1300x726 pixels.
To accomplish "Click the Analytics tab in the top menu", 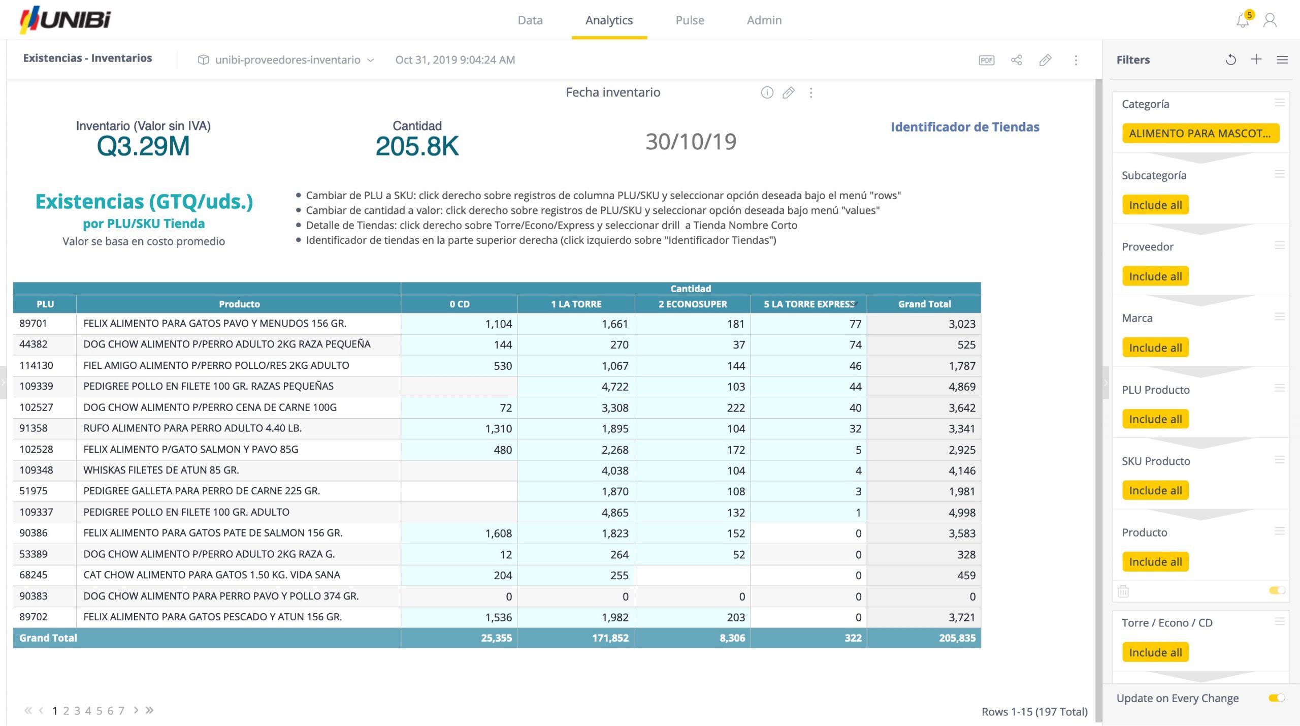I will coord(608,20).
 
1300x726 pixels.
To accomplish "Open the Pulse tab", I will coord(689,20).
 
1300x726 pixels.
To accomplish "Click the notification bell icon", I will coord(1242,21).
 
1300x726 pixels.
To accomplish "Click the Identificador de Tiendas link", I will coord(964,127).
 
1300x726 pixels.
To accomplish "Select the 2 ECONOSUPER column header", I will coord(692,304).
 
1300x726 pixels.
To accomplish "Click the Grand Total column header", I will coord(924,304).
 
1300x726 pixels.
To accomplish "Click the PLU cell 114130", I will coord(36,365).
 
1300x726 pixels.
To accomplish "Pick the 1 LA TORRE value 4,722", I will coord(614,387).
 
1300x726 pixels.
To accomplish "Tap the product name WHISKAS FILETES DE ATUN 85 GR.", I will coord(161,470).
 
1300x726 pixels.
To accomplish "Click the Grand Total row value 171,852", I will coord(610,638).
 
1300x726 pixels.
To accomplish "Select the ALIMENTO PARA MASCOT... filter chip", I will coord(1199,134).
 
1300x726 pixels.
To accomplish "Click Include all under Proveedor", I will coord(1155,277).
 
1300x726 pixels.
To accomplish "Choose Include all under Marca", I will coord(1155,348).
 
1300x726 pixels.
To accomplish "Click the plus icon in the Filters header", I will coord(1256,59).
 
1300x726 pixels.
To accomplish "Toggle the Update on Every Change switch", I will coord(1276,698).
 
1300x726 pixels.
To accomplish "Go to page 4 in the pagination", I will coord(88,711).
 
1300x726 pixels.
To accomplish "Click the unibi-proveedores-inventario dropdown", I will coord(287,60).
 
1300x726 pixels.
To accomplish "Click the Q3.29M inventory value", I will coord(143,146).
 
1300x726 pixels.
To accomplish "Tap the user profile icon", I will coord(1270,21).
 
